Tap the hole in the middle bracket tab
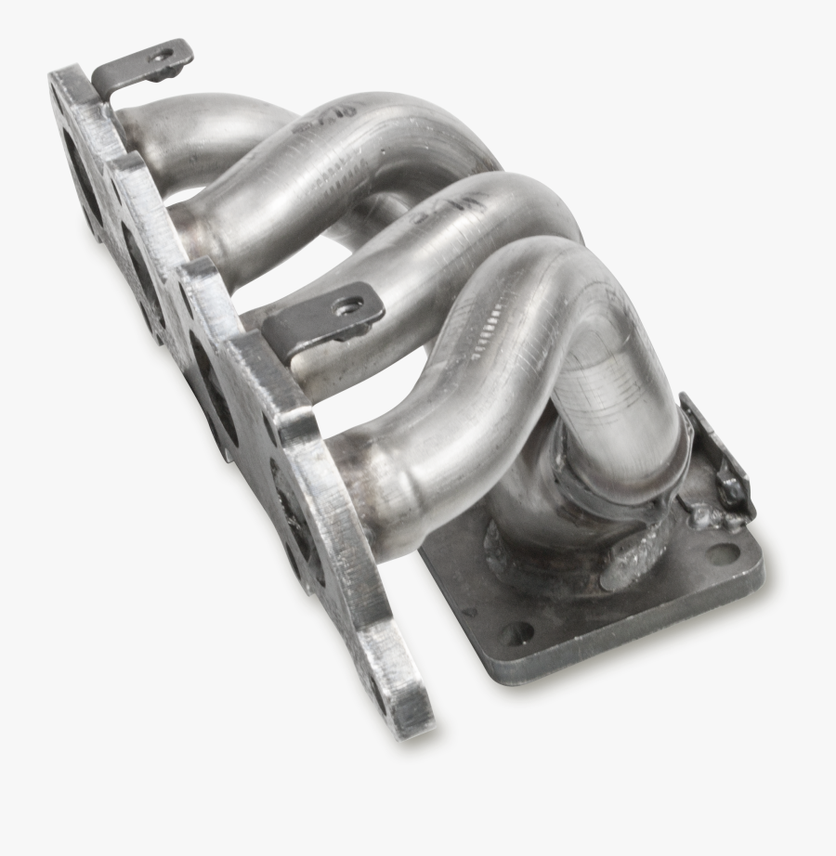point(351,305)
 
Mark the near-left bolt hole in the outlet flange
point(516,633)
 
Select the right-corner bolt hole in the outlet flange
point(723,554)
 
